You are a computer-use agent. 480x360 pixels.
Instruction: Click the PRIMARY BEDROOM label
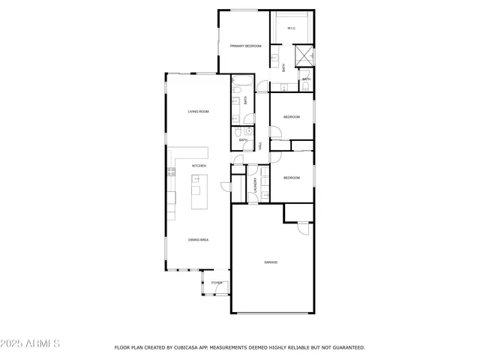pyautogui.click(x=245, y=46)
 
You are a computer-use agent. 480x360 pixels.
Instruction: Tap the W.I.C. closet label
pyautogui.click(x=291, y=29)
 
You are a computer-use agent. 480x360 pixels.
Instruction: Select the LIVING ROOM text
pyautogui.click(x=198, y=112)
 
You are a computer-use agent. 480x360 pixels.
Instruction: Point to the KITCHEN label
pyautogui.click(x=199, y=166)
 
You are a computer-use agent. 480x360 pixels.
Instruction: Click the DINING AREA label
pyautogui.click(x=198, y=240)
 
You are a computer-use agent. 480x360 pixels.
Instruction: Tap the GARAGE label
pyautogui.click(x=271, y=262)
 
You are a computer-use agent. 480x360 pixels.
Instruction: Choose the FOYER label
pyautogui.click(x=216, y=283)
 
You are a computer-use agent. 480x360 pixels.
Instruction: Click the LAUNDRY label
pyautogui.click(x=256, y=185)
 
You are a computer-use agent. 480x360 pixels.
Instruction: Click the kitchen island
pyautogui.click(x=197, y=193)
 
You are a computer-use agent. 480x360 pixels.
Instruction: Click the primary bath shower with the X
pyautogui.click(x=304, y=55)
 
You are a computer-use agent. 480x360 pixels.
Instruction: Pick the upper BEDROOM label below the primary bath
pyautogui.click(x=291, y=117)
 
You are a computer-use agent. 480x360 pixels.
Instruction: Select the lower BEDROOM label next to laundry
pyautogui.click(x=291, y=178)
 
